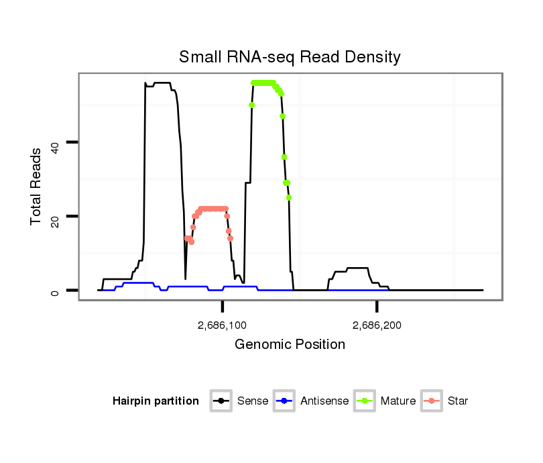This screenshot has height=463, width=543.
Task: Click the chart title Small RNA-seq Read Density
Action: pyautogui.click(x=290, y=57)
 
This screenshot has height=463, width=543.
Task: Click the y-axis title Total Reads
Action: pyautogui.click(x=38, y=186)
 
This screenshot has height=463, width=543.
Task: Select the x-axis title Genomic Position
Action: pyautogui.click(x=290, y=345)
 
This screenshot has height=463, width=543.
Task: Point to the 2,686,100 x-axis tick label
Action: pyautogui.click(x=223, y=325)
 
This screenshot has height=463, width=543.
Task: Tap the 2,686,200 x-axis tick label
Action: pyautogui.click(x=377, y=325)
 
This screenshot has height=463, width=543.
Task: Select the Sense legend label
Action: pyautogui.click(x=253, y=401)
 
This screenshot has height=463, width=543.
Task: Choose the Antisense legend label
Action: pyautogui.click(x=324, y=401)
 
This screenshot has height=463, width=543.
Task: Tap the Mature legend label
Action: pyautogui.click(x=398, y=401)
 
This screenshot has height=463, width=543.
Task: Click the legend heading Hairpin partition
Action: pyautogui.click(x=156, y=401)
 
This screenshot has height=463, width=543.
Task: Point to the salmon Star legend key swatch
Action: pyautogui.click(x=433, y=401)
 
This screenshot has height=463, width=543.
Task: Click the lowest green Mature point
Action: pyautogui.click(x=289, y=197)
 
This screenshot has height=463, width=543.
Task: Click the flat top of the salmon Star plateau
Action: pyautogui.click(x=213, y=209)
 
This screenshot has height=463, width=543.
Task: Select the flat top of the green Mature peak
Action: pyautogui.click(x=263, y=83)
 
